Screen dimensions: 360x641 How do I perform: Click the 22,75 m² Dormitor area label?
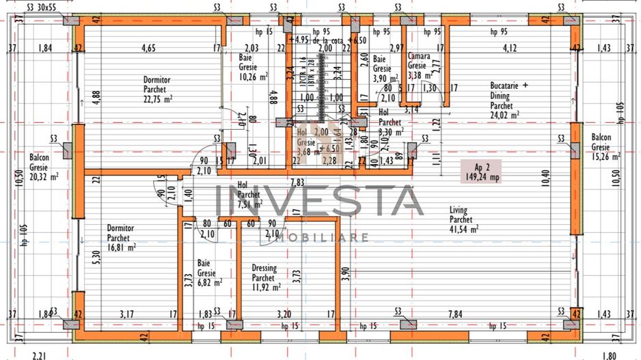[x=158, y=98]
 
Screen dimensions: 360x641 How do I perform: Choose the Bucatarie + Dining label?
[x=509, y=96]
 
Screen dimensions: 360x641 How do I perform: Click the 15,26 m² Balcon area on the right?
[x=605, y=156]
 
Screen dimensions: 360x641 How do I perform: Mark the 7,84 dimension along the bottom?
[x=454, y=314]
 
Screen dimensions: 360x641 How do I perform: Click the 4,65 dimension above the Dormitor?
[x=148, y=48]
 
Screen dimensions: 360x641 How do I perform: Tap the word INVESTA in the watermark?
[x=320, y=200]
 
